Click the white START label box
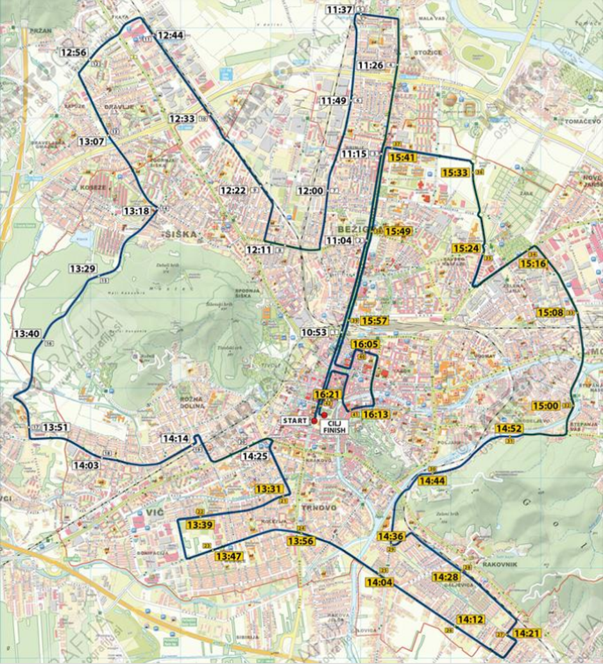(294, 420)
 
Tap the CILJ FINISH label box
(334, 427)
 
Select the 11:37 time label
(339, 10)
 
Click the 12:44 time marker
(170, 35)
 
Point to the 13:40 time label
(26, 333)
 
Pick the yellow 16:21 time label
(327, 394)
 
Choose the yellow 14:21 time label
(527, 633)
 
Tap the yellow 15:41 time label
(403, 157)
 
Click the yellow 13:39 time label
(199, 524)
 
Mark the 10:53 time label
(314, 332)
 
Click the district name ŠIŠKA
(180, 234)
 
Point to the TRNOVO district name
(319, 508)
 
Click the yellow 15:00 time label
(545, 406)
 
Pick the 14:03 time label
(86, 465)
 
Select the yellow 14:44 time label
(432, 481)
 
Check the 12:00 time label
(310, 190)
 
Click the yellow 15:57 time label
(374, 320)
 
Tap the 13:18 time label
(136, 210)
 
